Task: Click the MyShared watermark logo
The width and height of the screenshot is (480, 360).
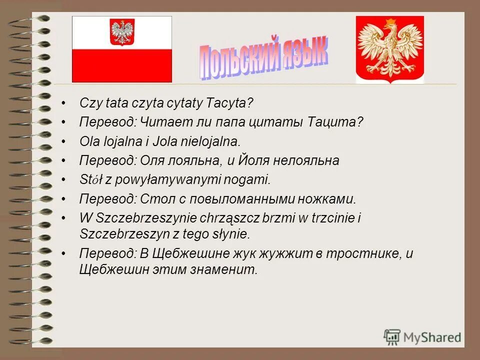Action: (422, 336)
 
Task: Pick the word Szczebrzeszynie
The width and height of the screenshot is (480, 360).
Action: (134, 218)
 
